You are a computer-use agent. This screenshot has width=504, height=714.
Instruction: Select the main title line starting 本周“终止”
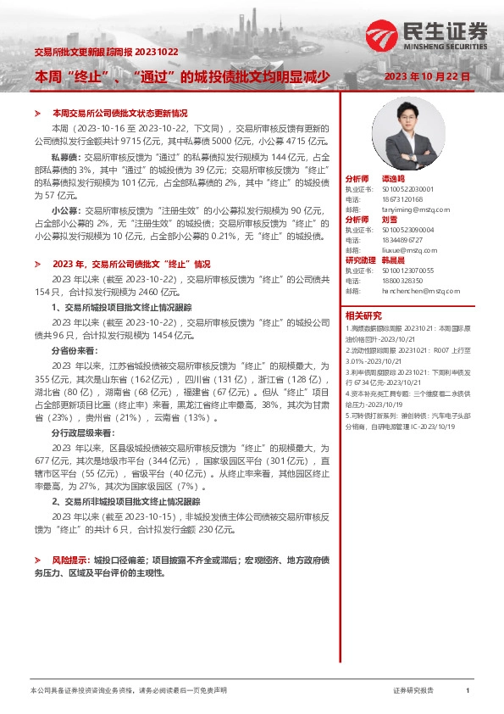point(180,76)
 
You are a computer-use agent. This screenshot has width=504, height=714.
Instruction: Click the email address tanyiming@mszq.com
point(396,209)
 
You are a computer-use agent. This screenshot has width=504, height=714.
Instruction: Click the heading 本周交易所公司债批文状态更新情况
point(119,113)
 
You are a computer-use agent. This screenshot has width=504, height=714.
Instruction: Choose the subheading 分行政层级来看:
point(80,432)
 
